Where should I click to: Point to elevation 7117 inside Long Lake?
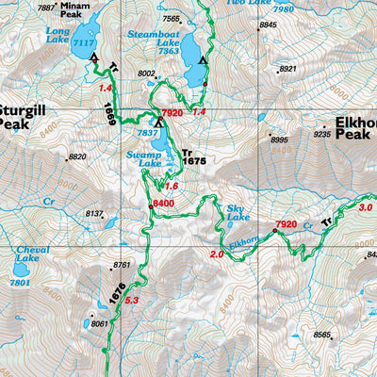(83, 44)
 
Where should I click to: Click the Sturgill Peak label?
(24, 116)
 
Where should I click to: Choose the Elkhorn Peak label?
(348, 128)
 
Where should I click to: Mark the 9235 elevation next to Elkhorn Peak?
(323, 135)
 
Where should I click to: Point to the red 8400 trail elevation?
(164, 203)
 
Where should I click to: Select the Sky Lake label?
(238, 212)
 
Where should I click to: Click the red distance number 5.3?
(132, 301)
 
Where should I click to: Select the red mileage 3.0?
(366, 207)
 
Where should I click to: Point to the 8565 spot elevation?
(323, 335)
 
